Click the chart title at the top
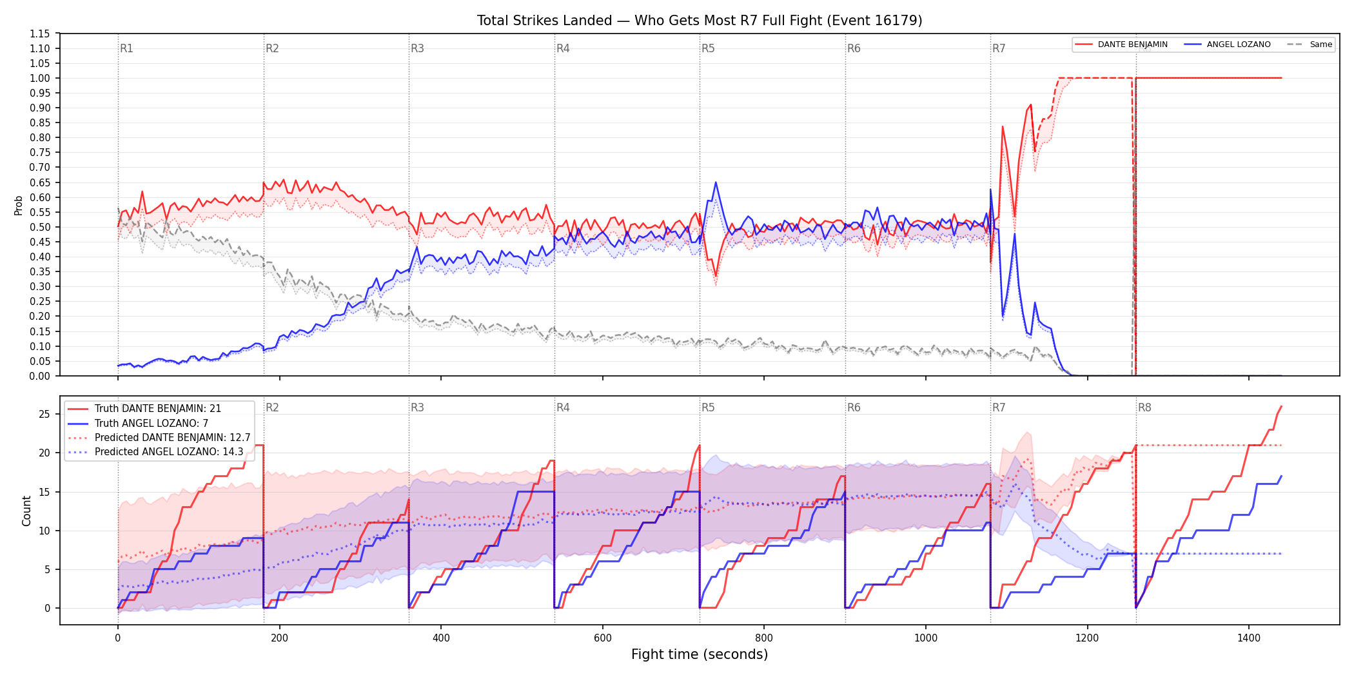(700, 21)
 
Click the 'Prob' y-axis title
(18, 205)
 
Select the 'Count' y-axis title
(26, 511)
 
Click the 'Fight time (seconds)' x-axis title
(700, 654)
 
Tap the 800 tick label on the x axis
(764, 638)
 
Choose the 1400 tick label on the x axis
(1249, 638)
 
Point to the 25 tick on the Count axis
(44, 414)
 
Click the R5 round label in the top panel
(708, 48)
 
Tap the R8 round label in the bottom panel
(1144, 407)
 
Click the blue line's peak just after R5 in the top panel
(716, 182)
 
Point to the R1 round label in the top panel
(126, 48)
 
